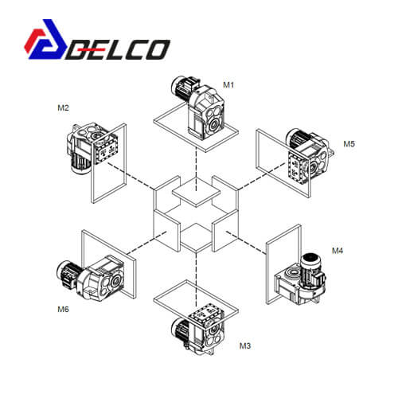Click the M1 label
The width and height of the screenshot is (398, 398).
pyautogui.click(x=228, y=85)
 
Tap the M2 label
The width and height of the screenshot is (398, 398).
pyautogui.click(x=63, y=108)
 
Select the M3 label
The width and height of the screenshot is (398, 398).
pyautogui.click(x=245, y=346)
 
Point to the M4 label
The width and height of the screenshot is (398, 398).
pyautogui.click(x=338, y=251)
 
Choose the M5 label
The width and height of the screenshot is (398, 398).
pyautogui.click(x=349, y=144)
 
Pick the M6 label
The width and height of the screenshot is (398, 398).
pyautogui.click(x=63, y=310)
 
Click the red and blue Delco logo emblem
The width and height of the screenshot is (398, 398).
pyautogui.click(x=45, y=39)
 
